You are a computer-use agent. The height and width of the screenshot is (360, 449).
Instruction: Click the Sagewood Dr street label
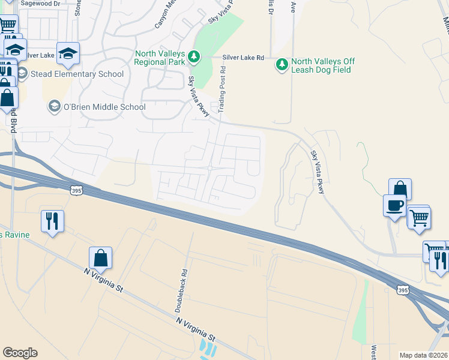point(40,3)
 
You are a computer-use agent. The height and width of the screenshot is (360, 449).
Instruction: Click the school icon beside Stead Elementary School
point(23,74)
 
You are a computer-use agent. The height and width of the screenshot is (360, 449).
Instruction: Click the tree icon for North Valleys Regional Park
point(194,57)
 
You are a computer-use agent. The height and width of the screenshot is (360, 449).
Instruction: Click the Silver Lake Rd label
point(243,58)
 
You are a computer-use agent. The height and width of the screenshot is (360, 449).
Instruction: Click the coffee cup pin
point(394,206)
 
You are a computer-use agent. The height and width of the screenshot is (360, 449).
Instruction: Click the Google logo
point(20,353)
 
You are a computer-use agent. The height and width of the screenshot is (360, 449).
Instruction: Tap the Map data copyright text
point(424,355)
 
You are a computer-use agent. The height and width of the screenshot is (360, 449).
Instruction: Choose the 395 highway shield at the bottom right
point(403,290)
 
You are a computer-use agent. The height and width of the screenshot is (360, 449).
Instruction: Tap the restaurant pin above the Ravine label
point(51,221)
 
